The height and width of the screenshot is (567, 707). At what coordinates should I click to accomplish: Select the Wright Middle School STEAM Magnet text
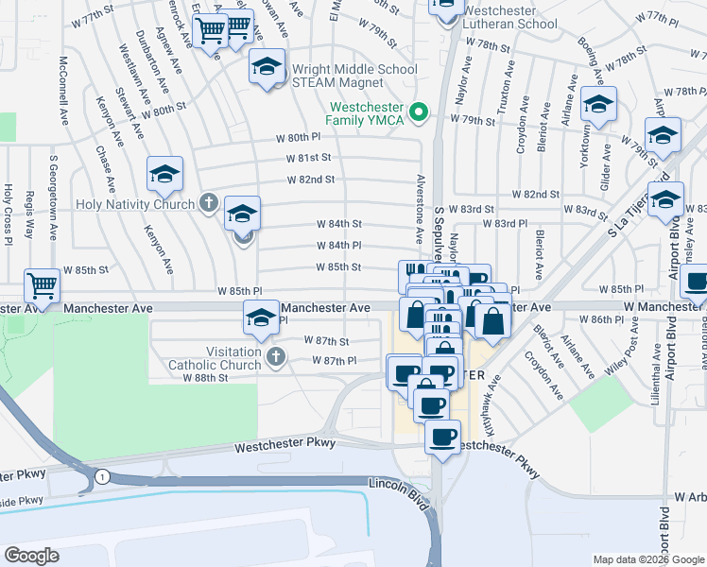(x=354, y=75)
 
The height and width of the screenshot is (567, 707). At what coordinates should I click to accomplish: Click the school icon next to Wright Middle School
(x=267, y=67)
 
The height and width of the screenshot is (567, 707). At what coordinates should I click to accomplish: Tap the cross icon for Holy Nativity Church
(x=210, y=203)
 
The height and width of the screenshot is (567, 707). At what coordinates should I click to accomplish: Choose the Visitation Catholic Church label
(x=215, y=358)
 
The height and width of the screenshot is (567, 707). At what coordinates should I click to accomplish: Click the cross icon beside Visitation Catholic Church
(x=275, y=356)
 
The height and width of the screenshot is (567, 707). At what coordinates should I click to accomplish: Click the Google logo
(x=32, y=556)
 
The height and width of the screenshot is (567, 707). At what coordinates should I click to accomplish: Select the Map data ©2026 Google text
(x=647, y=559)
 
